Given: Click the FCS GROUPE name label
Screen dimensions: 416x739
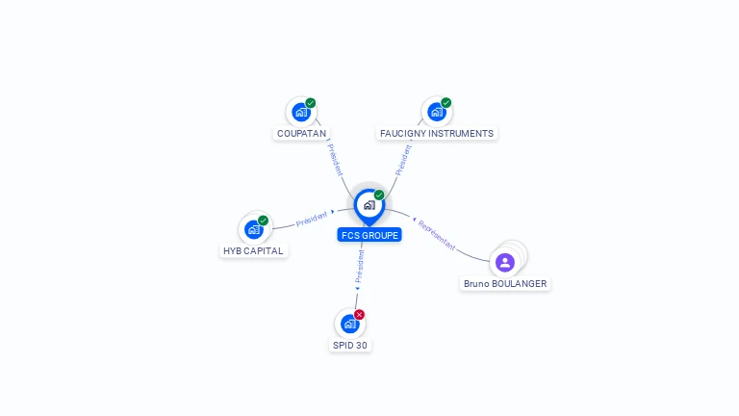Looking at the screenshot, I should tap(369, 235).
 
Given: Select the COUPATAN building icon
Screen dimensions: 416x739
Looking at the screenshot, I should tap(300, 113).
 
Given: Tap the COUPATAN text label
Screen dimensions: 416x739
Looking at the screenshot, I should tap(301, 134).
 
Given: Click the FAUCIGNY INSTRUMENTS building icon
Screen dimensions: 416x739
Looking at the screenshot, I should tap(436, 113).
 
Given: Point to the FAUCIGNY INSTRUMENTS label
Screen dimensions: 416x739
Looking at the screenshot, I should tap(437, 134).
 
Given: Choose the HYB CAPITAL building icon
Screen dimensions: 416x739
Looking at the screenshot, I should tap(254, 229).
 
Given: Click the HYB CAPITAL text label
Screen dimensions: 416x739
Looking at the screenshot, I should tap(255, 251).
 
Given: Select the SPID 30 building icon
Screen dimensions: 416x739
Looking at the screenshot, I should tap(349, 324).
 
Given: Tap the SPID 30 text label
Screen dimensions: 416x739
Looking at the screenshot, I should tap(349, 345).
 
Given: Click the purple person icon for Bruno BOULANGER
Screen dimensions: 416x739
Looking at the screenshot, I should tap(505, 262).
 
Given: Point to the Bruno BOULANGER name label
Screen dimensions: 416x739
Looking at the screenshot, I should tap(505, 284).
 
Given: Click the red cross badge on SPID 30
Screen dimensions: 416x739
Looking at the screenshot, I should tap(360, 314).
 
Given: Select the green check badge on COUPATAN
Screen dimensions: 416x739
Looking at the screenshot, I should tap(311, 103).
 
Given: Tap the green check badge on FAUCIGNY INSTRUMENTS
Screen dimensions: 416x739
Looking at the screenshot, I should tap(446, 103).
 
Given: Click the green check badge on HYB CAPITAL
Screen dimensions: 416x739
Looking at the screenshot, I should tap(264, 221).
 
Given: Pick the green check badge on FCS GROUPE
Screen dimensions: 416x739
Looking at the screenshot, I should tap(379, 195).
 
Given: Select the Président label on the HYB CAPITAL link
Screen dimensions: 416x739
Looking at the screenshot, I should tap(312, 218).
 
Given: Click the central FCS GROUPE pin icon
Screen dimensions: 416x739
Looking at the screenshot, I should tap(369, 205).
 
